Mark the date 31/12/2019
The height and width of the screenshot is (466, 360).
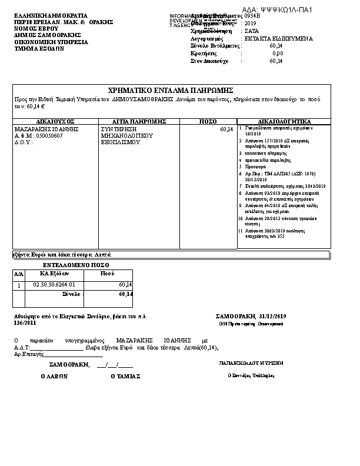[272, 317]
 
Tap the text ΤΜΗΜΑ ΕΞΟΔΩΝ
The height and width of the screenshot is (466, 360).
[39, 49]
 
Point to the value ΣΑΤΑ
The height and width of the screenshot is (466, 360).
[252, 31]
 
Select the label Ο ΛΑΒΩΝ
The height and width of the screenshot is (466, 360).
[54, 376]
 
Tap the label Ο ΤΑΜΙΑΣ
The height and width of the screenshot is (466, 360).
[125, 376]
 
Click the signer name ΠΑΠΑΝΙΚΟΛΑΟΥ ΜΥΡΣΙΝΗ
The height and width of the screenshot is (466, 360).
[251, 363]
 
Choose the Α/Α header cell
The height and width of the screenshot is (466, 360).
[19, 274]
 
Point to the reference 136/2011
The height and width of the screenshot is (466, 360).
[25, 323]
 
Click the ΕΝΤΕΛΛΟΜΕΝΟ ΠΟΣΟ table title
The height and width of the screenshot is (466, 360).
[71, 265]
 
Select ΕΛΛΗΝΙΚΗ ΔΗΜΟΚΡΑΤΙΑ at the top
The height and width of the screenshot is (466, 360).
[50, 15]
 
